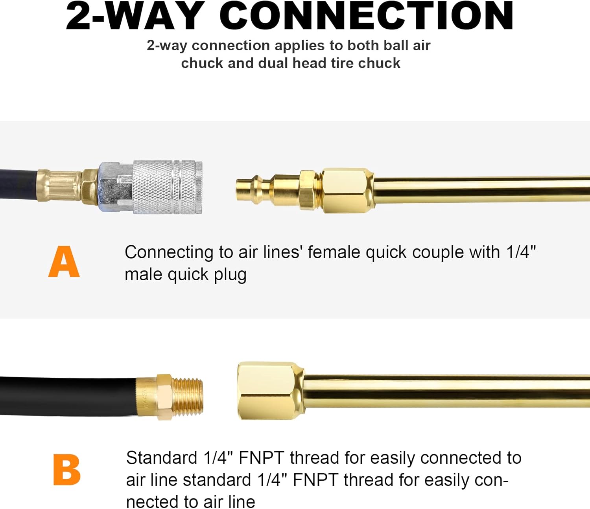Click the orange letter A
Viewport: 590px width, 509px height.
[64, 261]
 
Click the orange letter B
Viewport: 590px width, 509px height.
[66, 470]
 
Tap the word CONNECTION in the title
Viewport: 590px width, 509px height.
[366, 17]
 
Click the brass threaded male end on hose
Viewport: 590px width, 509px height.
[188, 397]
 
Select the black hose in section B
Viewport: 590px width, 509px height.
[67, 396]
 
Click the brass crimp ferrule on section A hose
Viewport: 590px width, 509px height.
[59, 186]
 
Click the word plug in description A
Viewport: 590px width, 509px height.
[230, 275]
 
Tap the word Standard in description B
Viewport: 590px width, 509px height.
[162, 458]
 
